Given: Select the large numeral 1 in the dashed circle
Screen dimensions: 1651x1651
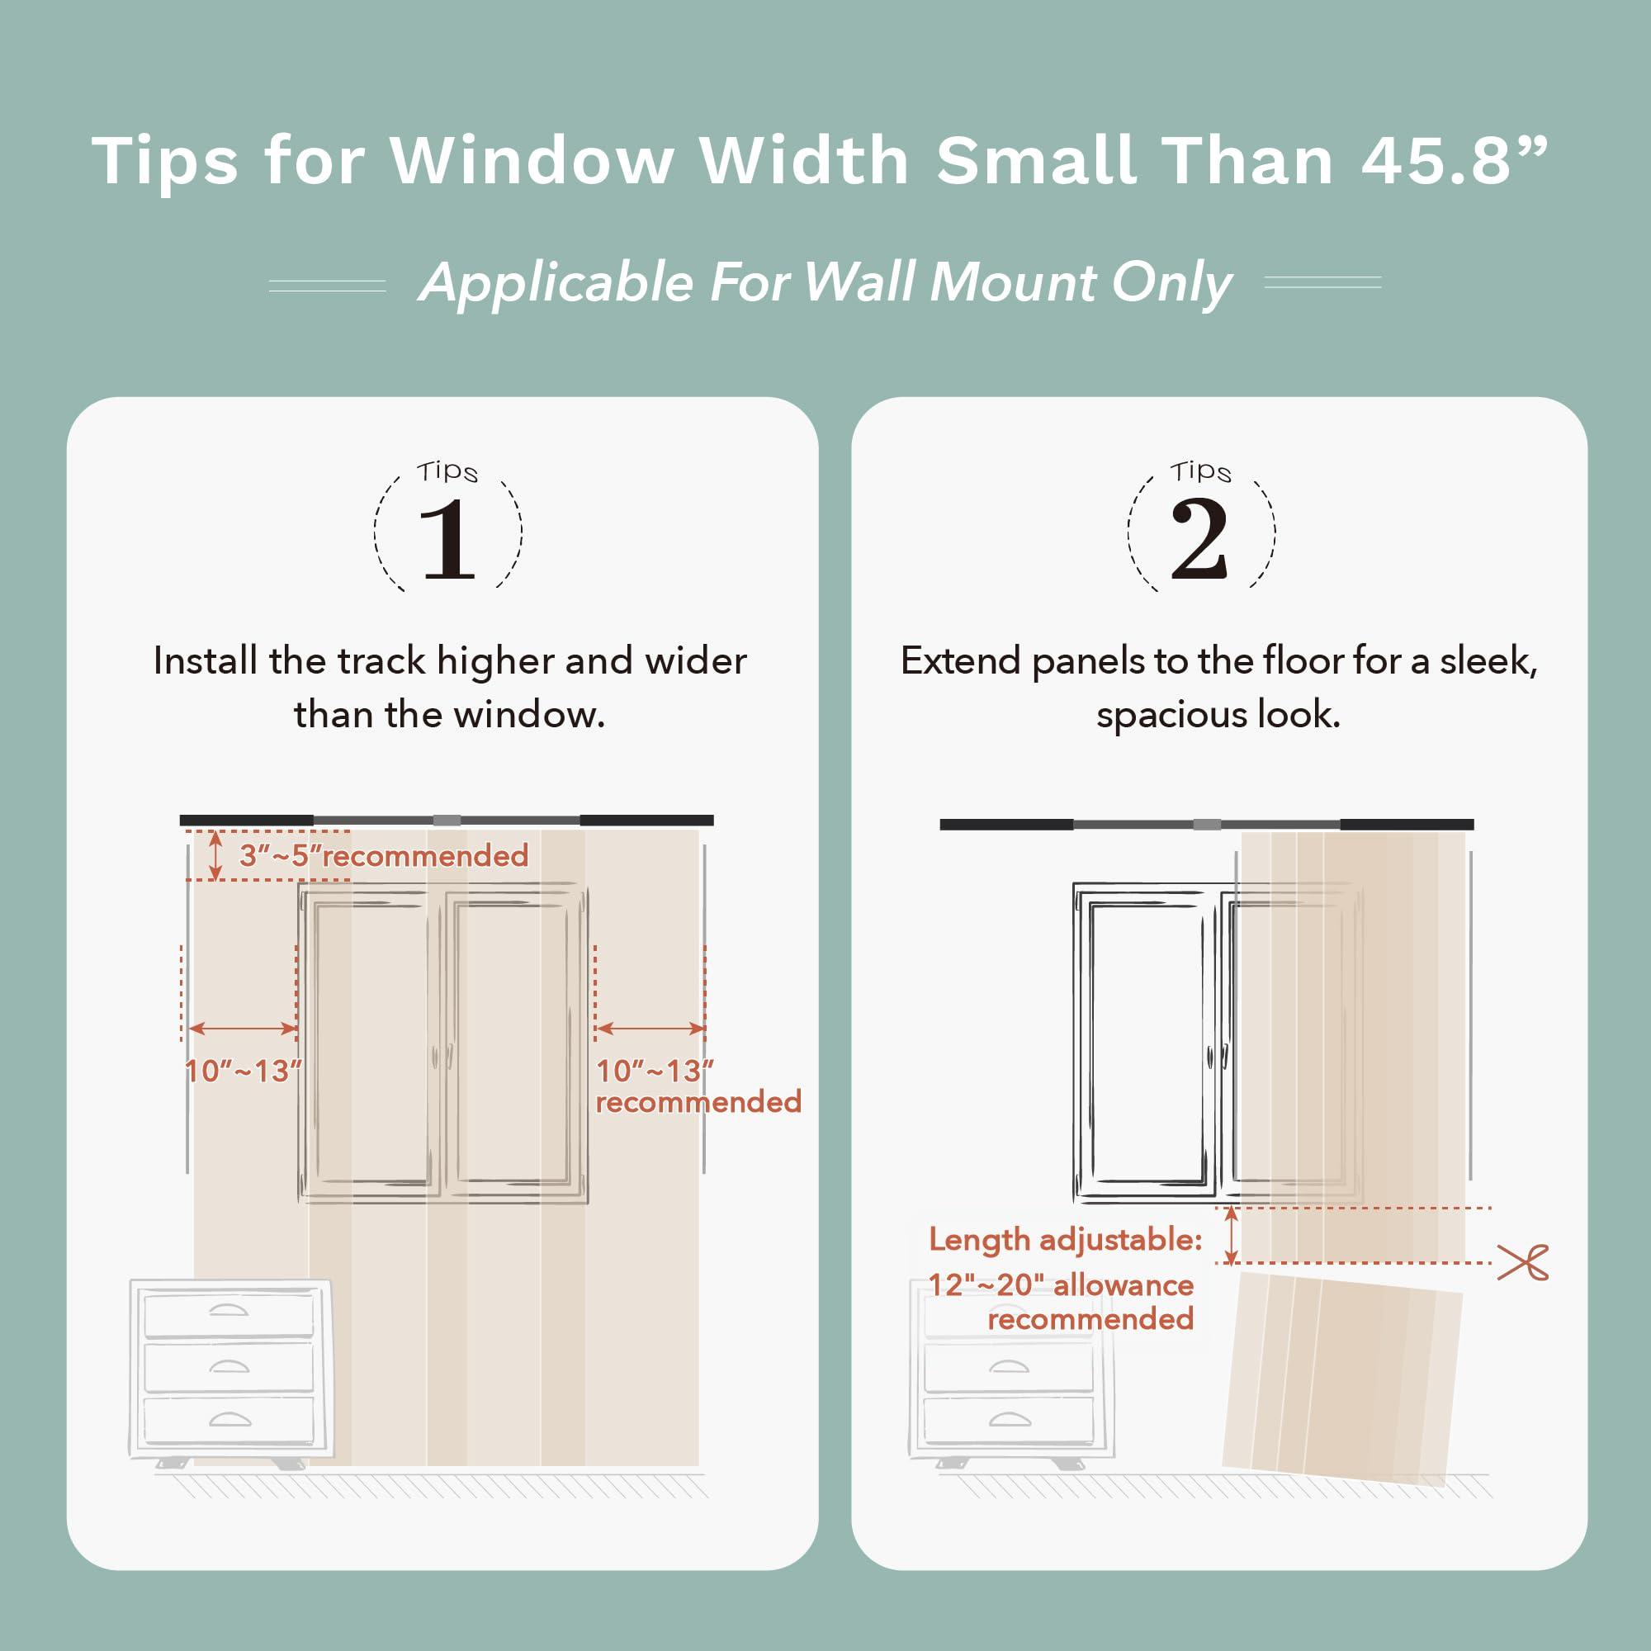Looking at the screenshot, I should (x=447, y=539).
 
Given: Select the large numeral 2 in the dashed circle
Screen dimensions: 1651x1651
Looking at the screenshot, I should (x=1199, y=539).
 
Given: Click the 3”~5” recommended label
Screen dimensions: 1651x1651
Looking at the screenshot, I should (x=384, y=855).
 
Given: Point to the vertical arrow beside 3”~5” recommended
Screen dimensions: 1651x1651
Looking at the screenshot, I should (x=216, y=854).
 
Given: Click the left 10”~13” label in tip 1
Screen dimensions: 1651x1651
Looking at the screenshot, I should (x=243, y=1071).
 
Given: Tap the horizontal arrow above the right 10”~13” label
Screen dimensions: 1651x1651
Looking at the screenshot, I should (x=650, y=1028).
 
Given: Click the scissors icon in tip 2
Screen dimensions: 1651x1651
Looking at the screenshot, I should (x=1523, y=1262).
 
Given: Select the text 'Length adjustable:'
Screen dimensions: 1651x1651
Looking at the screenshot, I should (x=1066, y=1239).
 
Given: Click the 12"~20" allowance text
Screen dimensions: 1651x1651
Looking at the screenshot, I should (x=1061, y=1285).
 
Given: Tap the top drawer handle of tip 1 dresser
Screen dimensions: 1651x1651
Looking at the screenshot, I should (x=228, y=1310).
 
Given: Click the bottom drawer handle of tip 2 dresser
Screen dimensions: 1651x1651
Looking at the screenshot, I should (x=1010, y=1420).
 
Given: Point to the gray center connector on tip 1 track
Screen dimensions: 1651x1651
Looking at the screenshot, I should (x=446, y=821).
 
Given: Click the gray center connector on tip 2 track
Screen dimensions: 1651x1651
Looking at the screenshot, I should (x=1207, y=825).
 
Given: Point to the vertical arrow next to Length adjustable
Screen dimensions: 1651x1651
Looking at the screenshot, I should (x=1231, y=1236).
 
